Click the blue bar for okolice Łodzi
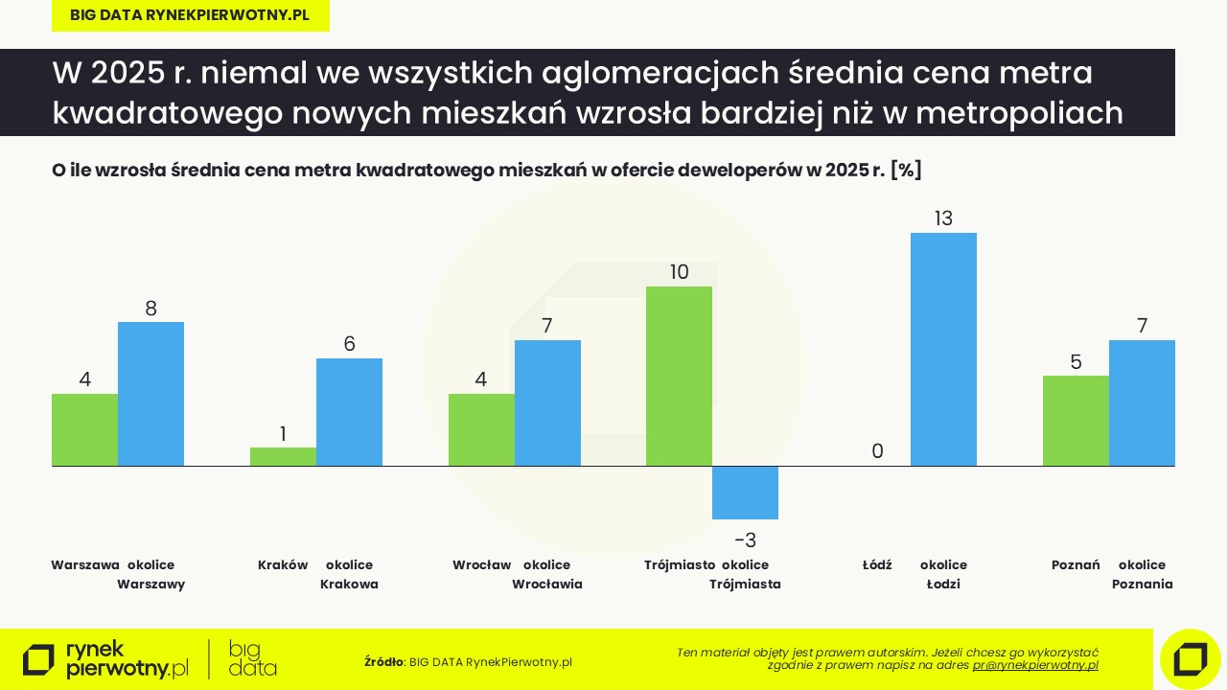coord(943,349)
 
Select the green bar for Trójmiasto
coord(679,376)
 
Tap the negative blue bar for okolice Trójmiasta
coord(745,493)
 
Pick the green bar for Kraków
coord(283,456)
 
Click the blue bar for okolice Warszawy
coord(150,394)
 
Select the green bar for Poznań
coord(1076,421)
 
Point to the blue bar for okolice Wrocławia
coord(547,402)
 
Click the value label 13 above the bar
coord(943,218)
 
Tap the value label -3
coord(745,540)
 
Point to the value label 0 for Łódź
coord(877,451)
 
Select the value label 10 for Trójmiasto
coord(679,272)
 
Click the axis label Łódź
coord(877,565)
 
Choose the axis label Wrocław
coord(481,565)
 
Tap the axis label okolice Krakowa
coord(349,574)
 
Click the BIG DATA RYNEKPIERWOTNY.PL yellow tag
coord(190,15)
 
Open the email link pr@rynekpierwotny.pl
coord(1035,665)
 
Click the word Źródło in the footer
coord(383,662)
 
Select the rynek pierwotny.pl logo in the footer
coord(105,659)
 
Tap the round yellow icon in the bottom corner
coord(1190,658)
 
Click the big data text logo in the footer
coord(252,659)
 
